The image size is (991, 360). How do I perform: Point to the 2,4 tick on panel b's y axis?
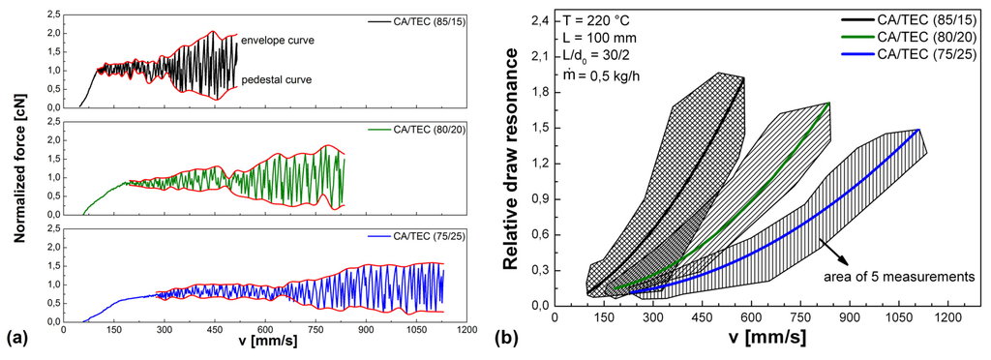click(538, 20)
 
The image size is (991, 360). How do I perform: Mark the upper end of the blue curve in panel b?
click(916, 130)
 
